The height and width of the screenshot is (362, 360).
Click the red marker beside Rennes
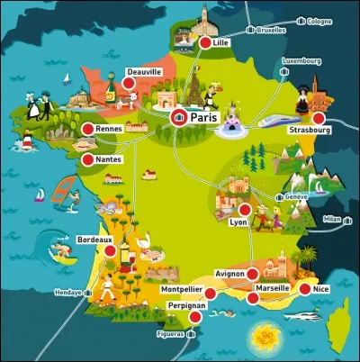(87, 130)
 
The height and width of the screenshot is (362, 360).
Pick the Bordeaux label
(94, 240)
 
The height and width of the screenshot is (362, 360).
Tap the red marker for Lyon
(245, 209)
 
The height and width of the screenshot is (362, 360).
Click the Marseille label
(272, 288)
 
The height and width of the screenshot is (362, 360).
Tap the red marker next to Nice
(304, 288)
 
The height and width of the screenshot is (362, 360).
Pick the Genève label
(297, 196)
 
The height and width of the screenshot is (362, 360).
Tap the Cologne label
(319, 21)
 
